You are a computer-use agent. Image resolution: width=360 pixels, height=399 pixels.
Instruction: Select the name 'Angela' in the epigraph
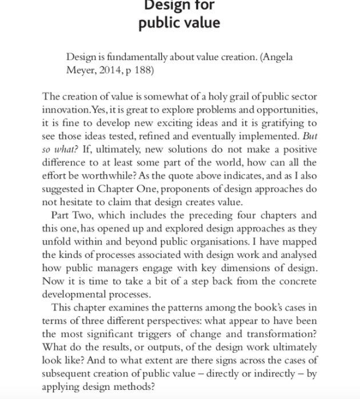coord(278,57)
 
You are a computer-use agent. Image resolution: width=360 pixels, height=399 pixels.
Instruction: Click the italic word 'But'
coord(310,136)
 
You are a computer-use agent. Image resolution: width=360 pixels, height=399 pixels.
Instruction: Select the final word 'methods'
coord(135,386)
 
